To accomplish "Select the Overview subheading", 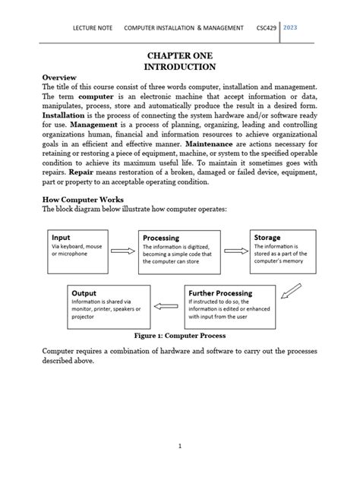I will pyautogui.click(x=64, y=78).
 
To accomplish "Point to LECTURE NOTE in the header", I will pyautogui.click(x=92, y=27).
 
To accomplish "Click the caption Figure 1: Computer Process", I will pyautogui.click(x=179, y=335).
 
